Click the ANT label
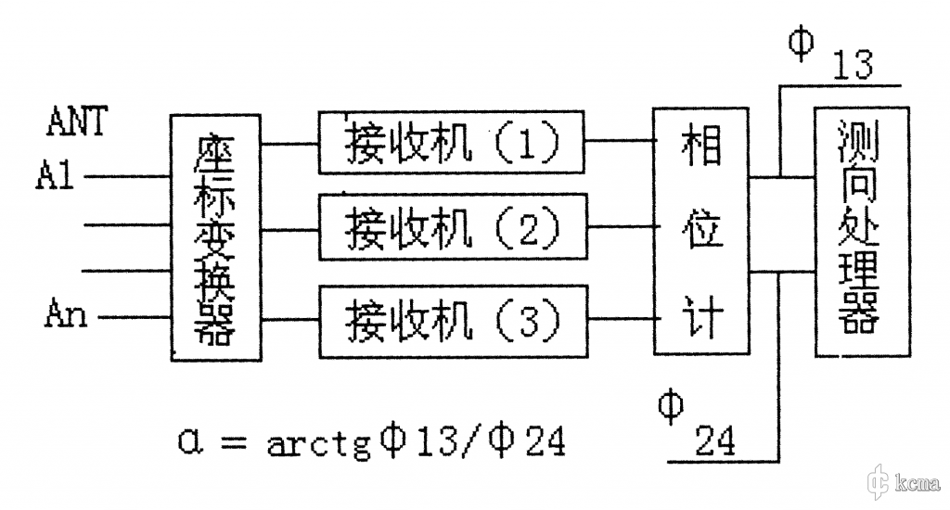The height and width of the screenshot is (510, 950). click(x=77, y=122)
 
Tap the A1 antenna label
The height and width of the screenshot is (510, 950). click(x=57, y=175)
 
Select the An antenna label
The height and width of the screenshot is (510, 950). click(x=65, y=315)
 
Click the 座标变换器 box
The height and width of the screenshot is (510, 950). click(x=215, y=237)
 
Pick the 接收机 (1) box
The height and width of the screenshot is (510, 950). click(x=453, y=143)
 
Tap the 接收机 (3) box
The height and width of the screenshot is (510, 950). click(x=453, y=319)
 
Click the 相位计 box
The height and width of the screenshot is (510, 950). click(x=701, y=230)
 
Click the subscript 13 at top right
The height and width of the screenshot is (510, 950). click(x=854, y=67)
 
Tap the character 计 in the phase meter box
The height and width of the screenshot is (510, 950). click(x=702, y=313)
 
